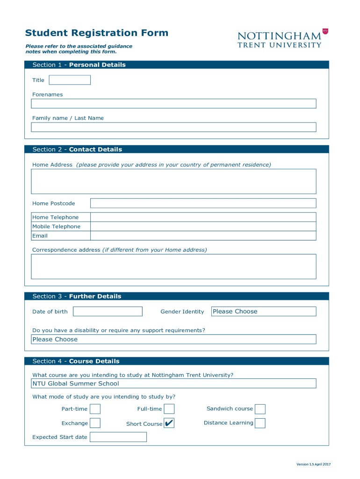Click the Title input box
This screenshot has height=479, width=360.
tap(70, 80)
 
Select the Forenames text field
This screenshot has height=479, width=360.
tap(173, 103)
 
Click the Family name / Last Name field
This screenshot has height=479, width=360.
tap(173, 127)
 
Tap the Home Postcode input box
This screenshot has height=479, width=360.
tap(203, 203)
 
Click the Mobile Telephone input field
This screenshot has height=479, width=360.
tap(203, 226)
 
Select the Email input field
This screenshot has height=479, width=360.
tap(203, 236)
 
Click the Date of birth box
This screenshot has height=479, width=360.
tap(108, 312)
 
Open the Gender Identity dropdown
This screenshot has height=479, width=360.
tap(264, 312)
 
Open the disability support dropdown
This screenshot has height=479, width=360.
tap(173, 340)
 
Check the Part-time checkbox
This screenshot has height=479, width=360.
tap(95, 409)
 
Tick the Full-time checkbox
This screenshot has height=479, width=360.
tap(169, 409)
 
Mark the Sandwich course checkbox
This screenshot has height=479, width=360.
tap(260, 409)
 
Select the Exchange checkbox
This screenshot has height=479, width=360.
tap(95, 423)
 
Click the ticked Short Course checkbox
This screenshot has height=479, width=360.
tap(169, 423)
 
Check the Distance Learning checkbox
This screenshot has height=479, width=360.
tap(260, 423)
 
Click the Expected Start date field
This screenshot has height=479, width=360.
tap(118, 437)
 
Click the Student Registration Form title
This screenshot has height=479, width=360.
tap(97, 33)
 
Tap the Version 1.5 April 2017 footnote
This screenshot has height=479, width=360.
tap(313, 464)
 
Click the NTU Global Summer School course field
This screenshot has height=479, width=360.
tap(173, 384)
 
